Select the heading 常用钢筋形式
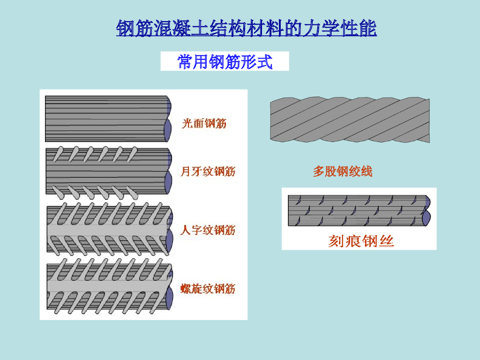pos(225,61)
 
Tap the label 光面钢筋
pos(204,124)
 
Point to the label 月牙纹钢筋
pos(208,172)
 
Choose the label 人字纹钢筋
pos(208,230)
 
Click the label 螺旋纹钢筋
pos(208,289)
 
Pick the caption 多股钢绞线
pos(343,172)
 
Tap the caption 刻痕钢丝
pos(361,241)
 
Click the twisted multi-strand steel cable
pos(349,120)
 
